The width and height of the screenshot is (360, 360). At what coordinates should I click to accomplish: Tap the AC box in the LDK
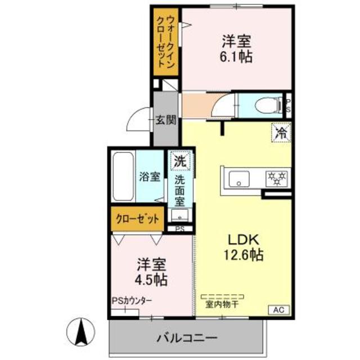[279, 309]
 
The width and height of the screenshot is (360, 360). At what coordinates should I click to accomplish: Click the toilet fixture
[262, 103]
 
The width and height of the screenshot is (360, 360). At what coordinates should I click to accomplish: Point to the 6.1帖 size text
[236, 56]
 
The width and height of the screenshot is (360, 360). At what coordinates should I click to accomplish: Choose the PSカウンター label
[132, 301]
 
